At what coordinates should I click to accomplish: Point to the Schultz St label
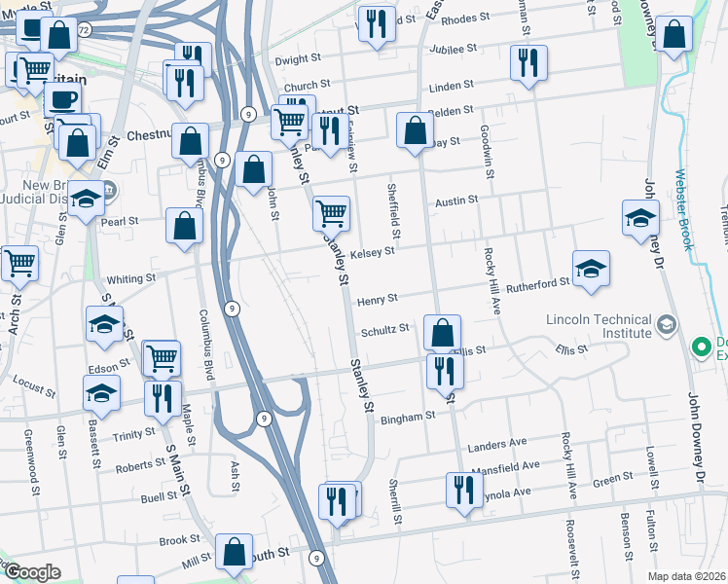pyautogui.click(x=384, y=330)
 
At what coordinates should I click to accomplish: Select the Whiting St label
pyautogui.click(x=131, y=278)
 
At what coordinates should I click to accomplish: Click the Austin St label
pyautogui.click(x=456, y=201)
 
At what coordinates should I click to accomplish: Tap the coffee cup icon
pyautogui.click(x=63, y=99)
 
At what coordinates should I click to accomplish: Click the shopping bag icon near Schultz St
pyautogui.click(x=442, y=333)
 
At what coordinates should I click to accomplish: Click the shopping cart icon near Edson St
pyautogui.click(x=161, y=357)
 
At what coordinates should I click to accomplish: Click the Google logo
pyautogui.click(x=32, y=572)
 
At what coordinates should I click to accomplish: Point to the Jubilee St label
pyautogui.click(x=456, y=47)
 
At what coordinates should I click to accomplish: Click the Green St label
pyautogui.click(x=613, y=478)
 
